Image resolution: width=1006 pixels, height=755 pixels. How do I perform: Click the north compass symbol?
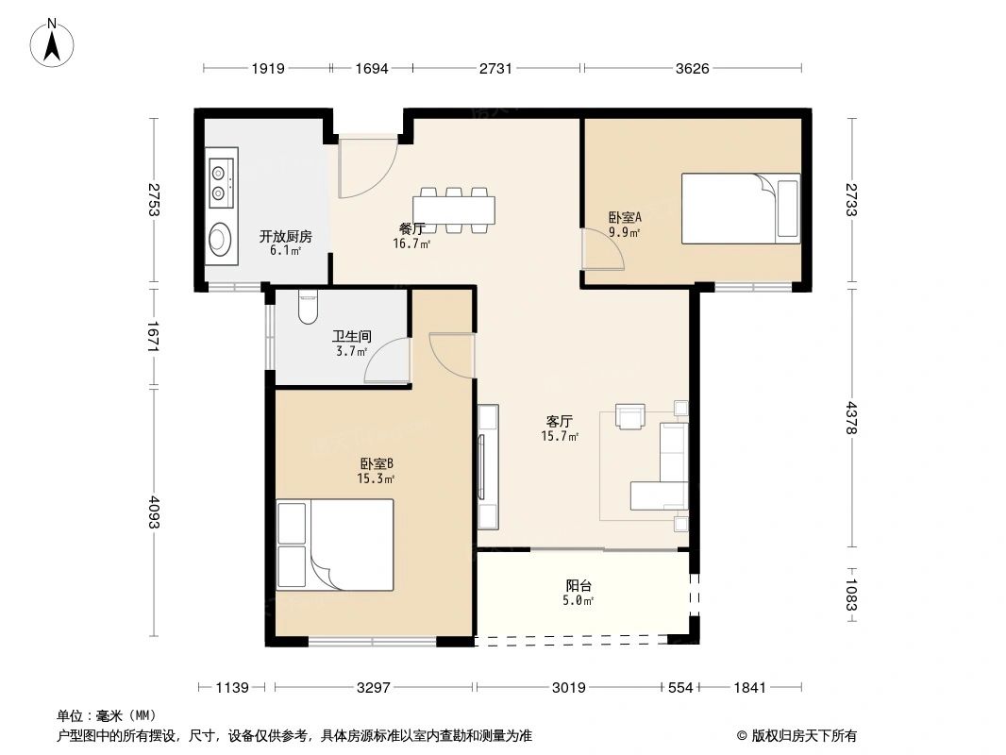pyautogui.click(x=52, y=43)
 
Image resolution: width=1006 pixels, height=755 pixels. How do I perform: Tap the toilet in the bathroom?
pyautogui.click(x=309, y=308)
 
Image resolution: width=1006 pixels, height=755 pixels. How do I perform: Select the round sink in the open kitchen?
pyautogui.click(x=221, y=239)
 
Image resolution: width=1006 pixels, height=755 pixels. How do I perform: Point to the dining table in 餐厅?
pyautogui.click(x=454, y=210)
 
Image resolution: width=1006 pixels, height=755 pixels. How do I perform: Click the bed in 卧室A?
pyautogui.click(x=741, y=209)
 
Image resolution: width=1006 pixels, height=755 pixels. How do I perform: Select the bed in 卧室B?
pyautogui.click(x=335, y=545)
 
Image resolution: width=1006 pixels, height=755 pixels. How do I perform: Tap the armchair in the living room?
pyautogui.click(x=630, y=415)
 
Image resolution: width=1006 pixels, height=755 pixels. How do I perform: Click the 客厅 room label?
pyautogui.click(x=560, y=422)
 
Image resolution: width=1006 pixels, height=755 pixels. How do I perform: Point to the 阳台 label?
pyautogui.click(x=578, y=586)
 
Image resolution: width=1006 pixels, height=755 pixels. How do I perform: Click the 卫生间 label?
pyautogui.click(x=352, y=336)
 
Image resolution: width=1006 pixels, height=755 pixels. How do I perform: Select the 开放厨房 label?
pyautogui.click(x=286, y=236)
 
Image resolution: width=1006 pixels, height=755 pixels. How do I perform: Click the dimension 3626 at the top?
pyautogui.click(x=693, y=68)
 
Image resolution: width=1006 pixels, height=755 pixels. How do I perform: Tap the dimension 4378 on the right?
pyautogui.click(x=850, y=417)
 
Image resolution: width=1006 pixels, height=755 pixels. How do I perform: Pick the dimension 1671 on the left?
pyautogui.click(x=153, y=337)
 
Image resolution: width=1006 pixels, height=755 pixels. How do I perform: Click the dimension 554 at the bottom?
pyautogui.click(x=680, y=688)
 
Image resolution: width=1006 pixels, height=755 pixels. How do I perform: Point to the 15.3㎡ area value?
pyautogui.click(x=376, y=478)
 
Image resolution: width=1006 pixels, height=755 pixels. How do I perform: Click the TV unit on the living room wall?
pyautogui.click(x=488, y=466)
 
